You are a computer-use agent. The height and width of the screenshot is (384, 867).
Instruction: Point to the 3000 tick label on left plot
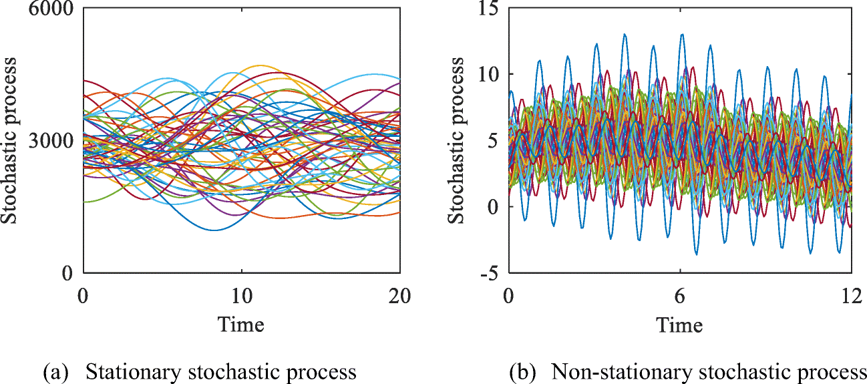click(49, 140)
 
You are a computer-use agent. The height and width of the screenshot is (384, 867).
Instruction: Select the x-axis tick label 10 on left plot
click(241, 295)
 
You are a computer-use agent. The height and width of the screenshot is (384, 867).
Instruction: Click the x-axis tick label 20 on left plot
click(399, 295)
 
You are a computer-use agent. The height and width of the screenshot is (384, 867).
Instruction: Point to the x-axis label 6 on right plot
click(680, 295)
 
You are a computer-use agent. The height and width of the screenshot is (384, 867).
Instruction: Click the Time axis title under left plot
click(241, 325)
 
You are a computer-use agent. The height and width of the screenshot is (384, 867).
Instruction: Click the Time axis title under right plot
click(679, 325)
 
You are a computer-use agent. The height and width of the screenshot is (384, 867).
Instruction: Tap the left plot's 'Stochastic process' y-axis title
click(9, 140)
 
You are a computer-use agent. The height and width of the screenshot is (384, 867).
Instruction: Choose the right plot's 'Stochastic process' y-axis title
click(456, 140)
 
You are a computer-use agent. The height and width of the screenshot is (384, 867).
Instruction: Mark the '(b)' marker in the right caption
click(522, 372)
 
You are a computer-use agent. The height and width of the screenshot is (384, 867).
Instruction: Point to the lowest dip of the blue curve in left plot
click(214, 230)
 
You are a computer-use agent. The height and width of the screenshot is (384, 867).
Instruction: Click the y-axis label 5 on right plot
click(496, 140)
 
